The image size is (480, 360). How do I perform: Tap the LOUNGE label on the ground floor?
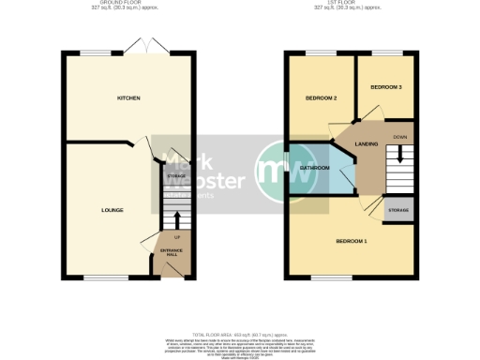coord(112,209)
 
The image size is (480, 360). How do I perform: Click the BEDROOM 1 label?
coord(352,242)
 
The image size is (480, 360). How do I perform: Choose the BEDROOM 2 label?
coord(321,97)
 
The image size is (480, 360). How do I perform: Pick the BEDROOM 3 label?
coord(385,86)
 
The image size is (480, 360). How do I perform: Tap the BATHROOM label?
coord(314,168)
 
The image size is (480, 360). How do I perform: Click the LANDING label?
coord(367,143)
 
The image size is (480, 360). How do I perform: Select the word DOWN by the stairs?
coord(400,137)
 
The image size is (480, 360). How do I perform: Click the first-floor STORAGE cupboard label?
coord(398,210)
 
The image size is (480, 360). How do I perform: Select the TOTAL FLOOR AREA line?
coord(240,334)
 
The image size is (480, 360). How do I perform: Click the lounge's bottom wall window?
coord(100,278)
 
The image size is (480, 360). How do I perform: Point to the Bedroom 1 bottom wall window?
coord(325,278)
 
